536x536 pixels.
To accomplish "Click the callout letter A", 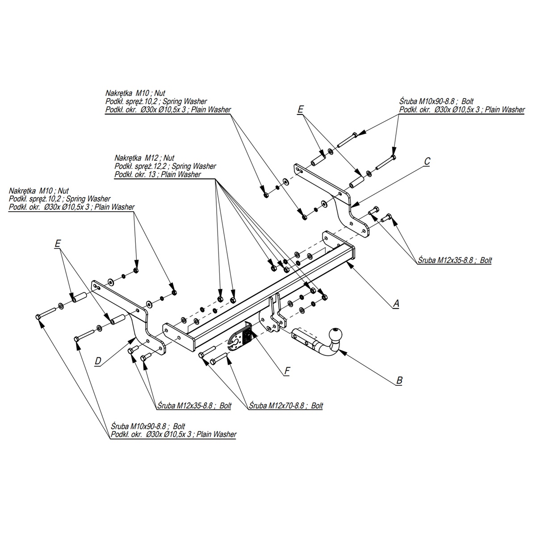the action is (x=396, y=303).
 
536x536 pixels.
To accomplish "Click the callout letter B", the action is (x=399, y=380).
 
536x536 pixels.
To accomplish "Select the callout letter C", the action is (x=427, y=161).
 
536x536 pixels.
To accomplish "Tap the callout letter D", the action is (x=98, y=361).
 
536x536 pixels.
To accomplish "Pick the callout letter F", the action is (x=287, y=371).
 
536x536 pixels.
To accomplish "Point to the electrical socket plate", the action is (x=240, y=339).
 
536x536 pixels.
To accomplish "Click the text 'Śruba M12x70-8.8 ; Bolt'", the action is (x=286, y=406).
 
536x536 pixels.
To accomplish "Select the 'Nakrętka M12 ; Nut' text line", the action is (x=144, y=158).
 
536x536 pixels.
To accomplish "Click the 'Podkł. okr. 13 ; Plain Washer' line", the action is (x=158, y=174).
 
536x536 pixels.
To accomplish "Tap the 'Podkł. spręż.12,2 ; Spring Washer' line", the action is (x=165, y=166).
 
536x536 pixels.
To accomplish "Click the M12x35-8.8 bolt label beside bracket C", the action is (x=455, y=260).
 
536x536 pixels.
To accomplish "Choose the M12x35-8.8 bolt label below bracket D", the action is (x=194, y=406).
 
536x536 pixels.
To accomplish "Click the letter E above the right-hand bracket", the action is (x=301, y=109).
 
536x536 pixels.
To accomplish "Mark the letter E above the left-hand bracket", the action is (x=57, y=244).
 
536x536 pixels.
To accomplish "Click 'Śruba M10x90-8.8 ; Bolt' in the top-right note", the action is (x=436, y=101).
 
